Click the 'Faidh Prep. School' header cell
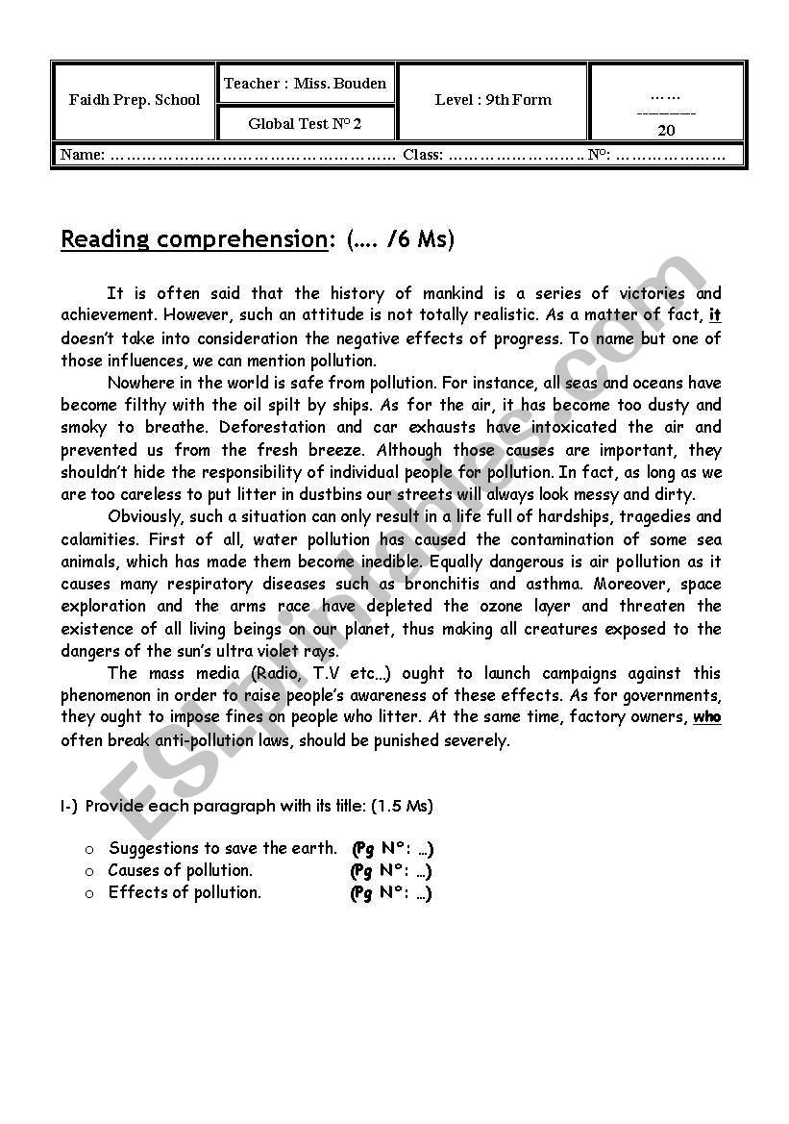(135, 100)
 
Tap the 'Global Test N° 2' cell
(305, 123)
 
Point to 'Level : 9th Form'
(493, 99)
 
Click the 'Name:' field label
(83, 155)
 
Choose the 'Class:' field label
(423, 155)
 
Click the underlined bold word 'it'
(714, 315)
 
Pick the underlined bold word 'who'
(706, 717)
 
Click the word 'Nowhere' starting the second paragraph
(140, 383)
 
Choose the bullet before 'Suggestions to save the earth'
(89, 849)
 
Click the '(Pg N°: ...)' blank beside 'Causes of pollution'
(391, 870)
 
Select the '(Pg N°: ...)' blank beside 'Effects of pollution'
(391, 892)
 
